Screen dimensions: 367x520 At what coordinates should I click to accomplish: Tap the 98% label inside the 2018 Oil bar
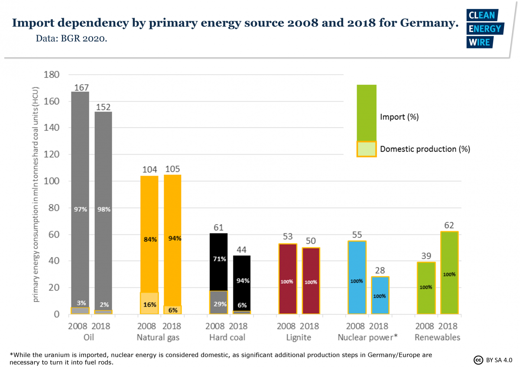[104, 209]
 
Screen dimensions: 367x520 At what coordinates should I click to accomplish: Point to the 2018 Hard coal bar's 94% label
[242, 280]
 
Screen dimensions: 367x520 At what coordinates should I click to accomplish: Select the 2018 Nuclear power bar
[380, 295]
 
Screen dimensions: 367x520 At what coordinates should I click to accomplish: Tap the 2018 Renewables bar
[449, 273]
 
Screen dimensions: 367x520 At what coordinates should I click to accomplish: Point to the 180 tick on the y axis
[52, 75]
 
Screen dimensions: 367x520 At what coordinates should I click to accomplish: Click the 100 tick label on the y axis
[52, 181]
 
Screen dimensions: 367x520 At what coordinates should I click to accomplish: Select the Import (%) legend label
[399, 117]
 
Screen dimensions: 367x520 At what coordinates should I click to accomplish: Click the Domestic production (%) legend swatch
[366, 149]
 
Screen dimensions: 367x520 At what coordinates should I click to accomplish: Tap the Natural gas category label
[158, 338]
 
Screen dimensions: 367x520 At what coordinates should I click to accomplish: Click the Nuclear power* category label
[368, 338]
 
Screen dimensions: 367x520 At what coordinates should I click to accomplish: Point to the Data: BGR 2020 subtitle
[71, 39]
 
